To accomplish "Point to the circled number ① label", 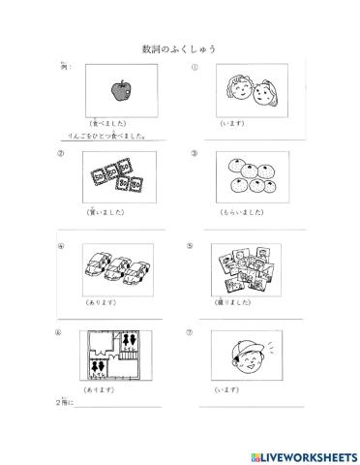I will point(195,68).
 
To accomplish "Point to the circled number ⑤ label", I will point(190,244).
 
